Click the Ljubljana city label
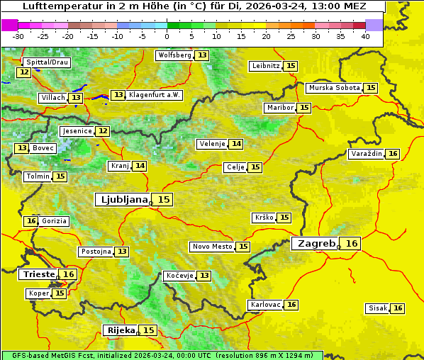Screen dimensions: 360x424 [123, 200]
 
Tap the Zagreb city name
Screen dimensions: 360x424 [316, 244]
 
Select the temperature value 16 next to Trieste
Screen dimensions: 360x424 [68, 274]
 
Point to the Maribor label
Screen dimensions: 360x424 [279, 108]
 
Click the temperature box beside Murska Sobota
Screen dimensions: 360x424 [371, 88]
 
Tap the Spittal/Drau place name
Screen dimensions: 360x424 [46, 62]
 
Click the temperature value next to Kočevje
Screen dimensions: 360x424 [204, 275]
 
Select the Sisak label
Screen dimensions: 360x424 [378, 308]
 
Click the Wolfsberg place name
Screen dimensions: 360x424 [174, 55]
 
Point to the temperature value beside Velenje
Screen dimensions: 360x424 [236, 144]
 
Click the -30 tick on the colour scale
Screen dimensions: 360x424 [18, 36]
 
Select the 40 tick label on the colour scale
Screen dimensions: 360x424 [365, 36]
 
